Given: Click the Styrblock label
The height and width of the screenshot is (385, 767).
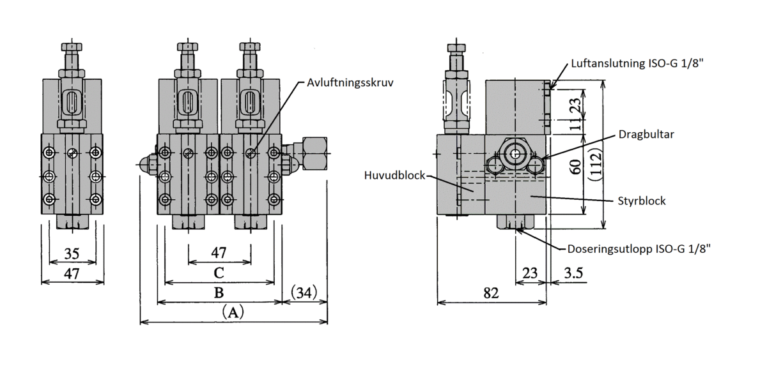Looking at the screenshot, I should click(x=641, y=200).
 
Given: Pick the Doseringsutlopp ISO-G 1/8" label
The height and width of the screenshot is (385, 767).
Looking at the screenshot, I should click(x=639, y=250).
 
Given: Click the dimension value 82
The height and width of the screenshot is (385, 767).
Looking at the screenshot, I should click(x=491, y=293).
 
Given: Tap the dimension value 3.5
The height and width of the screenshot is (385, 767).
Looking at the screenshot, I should click(x=573, y=273).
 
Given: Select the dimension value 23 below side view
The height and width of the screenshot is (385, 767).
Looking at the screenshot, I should click(x=530, y=273).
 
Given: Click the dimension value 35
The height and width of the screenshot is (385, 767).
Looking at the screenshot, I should click(x=72, y=253).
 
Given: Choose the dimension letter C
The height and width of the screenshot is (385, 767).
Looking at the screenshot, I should click(x=219, y=273).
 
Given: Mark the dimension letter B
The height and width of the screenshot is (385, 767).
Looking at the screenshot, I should click(x=219, y=293).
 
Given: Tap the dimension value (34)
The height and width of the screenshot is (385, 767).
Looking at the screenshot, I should click(x=304, y=293).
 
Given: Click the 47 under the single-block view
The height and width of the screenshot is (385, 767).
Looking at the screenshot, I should click(x=72, y=274).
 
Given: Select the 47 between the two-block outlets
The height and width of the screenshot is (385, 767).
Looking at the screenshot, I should click(x=219, y=253).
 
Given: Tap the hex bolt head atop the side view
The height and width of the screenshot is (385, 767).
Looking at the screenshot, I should click(x=456, y=48).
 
